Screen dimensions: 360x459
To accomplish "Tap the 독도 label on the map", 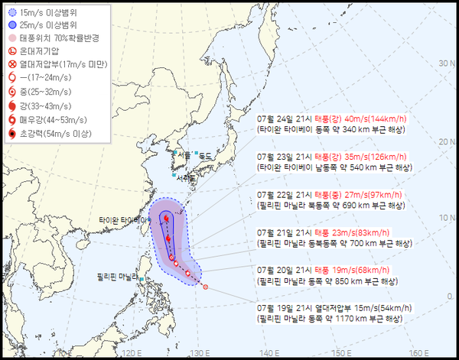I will [x=204, y=157].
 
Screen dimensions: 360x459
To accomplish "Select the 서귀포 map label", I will [x=184, y=178].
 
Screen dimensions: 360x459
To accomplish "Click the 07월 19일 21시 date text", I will [x=285, y=309].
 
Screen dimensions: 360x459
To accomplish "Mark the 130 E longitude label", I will [x=200, y=352].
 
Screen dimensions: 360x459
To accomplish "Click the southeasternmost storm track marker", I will [x=205, y=287].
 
